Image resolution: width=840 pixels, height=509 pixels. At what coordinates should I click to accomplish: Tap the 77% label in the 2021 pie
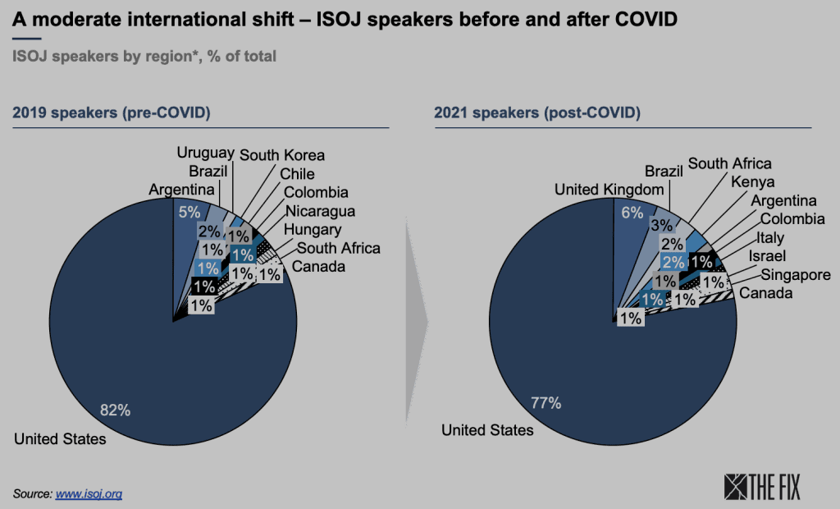coord(546,402)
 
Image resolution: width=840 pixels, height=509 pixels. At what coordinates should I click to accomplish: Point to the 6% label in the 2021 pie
coord(631,212)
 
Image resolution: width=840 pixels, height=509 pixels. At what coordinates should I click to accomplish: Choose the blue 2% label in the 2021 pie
coord(673,263)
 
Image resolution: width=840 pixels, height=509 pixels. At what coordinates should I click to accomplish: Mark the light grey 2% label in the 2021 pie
coord(672,244)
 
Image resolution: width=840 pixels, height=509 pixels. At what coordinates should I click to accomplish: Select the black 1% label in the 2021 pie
coord(701,262)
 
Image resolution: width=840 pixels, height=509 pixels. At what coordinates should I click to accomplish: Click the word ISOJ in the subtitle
coord(29,57)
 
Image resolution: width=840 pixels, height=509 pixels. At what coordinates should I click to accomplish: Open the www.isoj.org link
coord(89,494)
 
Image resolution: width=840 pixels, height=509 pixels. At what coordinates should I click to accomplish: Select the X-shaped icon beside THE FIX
coord(736,487)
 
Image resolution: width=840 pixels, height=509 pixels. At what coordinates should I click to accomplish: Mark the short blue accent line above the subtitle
coord(27,38)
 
